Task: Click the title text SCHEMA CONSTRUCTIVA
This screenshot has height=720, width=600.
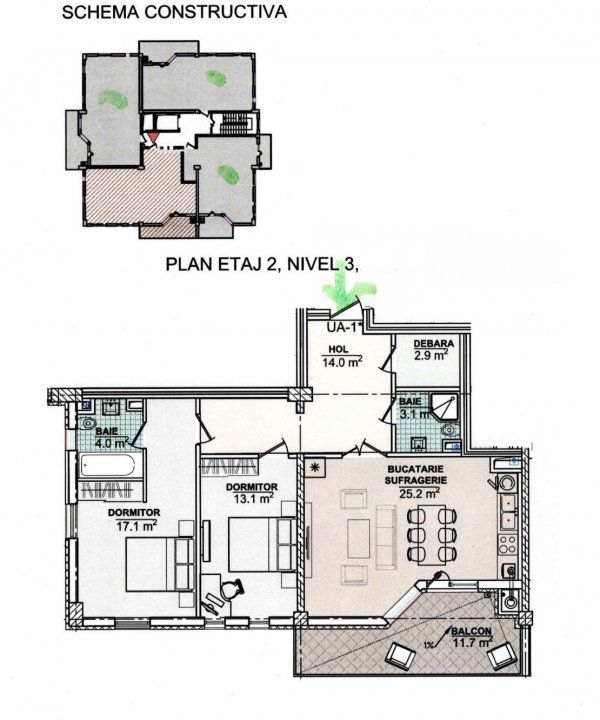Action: click(x=174, y=12)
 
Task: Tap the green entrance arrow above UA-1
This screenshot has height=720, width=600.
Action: click(x=347, y=290)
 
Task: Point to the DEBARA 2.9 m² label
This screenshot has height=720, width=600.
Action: click(x=431, y=349)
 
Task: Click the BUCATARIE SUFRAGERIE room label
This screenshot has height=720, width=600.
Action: click(x=415, y=481)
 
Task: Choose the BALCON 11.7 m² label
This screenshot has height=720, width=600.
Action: click(x=471, y=637)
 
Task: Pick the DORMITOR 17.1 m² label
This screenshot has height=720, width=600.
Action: click(x=134, y=519)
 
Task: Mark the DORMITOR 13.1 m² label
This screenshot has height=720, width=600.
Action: click(x=252, y=493)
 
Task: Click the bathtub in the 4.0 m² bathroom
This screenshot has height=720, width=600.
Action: click(x=107, y=466)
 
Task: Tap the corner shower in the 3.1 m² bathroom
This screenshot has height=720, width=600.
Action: click(x=445, y=406)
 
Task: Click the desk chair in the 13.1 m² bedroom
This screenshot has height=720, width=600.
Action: click(x=230, y=590)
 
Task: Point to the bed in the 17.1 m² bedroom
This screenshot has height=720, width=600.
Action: click(x=160, y=565)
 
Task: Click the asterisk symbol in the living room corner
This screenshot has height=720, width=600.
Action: click(x=315, y=467)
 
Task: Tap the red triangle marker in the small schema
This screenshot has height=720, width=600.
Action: click(x=152, y=136)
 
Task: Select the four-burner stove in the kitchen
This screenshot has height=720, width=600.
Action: click(x=508, y=545)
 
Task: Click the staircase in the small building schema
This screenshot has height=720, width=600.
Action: click(x=235, y=123)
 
